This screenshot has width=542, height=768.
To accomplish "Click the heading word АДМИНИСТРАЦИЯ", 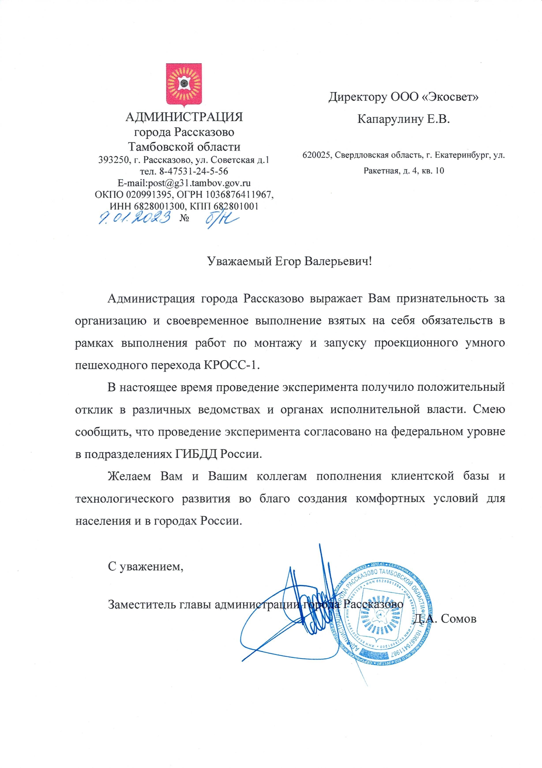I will (184, 117).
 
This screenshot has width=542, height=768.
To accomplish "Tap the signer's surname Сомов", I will (458, 619).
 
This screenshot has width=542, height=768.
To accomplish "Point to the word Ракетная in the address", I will (380, 171).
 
